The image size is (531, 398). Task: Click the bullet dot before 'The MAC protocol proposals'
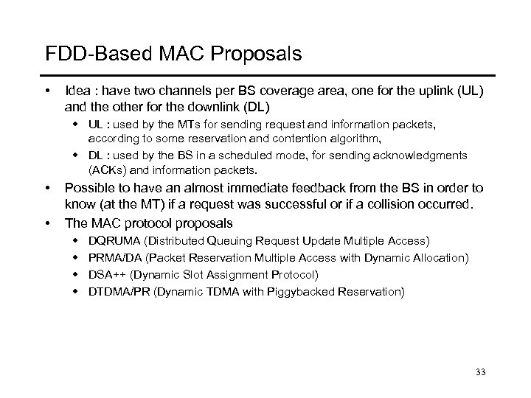(49, 223)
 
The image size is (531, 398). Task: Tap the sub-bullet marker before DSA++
(76, 275)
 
